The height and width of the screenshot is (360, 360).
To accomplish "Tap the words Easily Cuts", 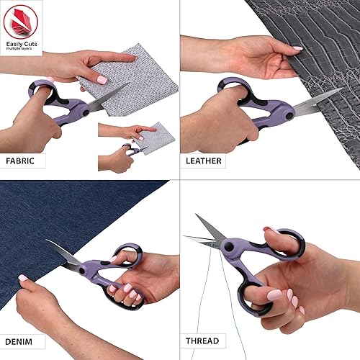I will (21, 45).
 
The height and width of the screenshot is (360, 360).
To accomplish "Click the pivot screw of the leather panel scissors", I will (287, 113).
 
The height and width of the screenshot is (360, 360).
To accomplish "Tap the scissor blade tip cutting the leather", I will (339, 91).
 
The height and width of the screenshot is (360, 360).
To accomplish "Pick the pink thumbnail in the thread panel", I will (274, 294).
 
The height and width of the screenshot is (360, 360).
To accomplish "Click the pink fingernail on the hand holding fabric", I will (102, 80).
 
